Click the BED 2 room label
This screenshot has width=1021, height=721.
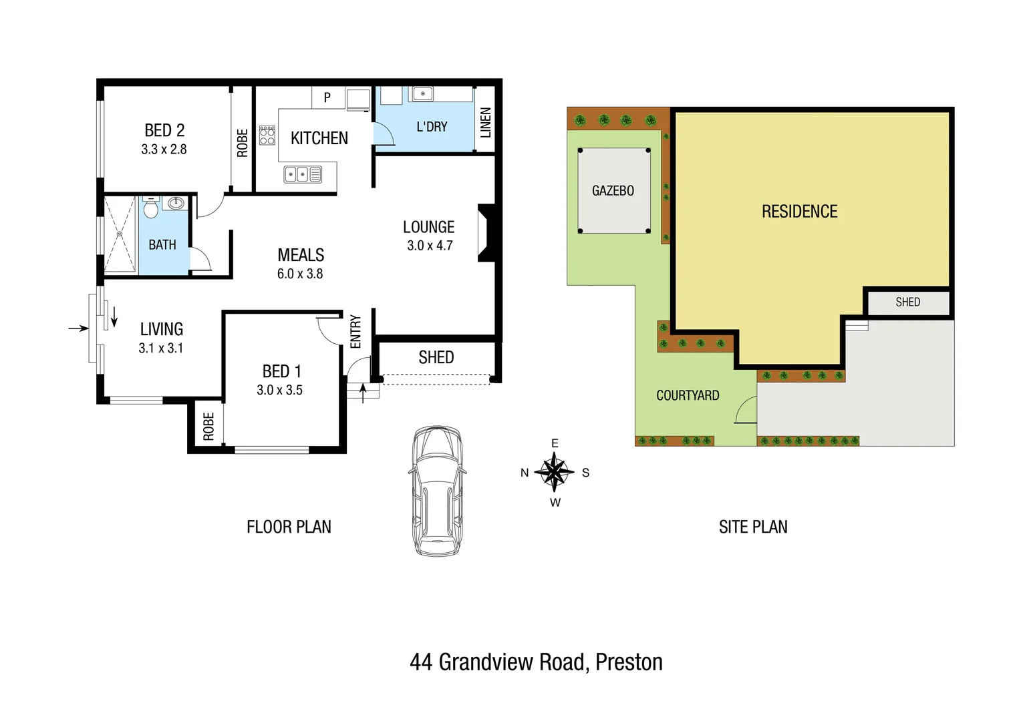[x=164, y=130]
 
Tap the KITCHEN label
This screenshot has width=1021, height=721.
[x=319, y=138]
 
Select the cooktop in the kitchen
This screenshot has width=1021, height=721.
[x=267, y=136]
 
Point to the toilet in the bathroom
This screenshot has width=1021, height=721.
[x=151, y=208]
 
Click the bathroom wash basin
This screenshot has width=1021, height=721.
[x=176, y=203]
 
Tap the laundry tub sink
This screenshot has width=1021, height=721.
[x=422, y=94]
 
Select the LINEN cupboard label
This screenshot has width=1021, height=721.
[x=486, y=122]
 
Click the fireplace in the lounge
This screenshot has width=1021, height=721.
[x=486, y=232]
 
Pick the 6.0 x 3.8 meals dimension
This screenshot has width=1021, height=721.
[x=300, y=274]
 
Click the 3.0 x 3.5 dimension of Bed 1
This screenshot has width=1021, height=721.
[x=279, y=390]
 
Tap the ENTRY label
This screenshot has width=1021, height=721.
[x=355, y=332]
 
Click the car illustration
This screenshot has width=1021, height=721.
[x=436, y=491]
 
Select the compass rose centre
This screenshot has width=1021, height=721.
[x=554, y=472]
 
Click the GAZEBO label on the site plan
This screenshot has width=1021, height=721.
[x=613, y=191]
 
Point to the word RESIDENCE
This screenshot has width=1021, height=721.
[x=799, y=212]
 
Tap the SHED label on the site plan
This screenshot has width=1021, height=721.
[x=907, y=302]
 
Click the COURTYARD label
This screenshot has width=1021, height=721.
[x=688, y=395]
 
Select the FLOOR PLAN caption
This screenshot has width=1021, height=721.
[x=289, y=527]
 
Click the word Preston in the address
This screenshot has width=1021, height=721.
[x=629, y=662]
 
